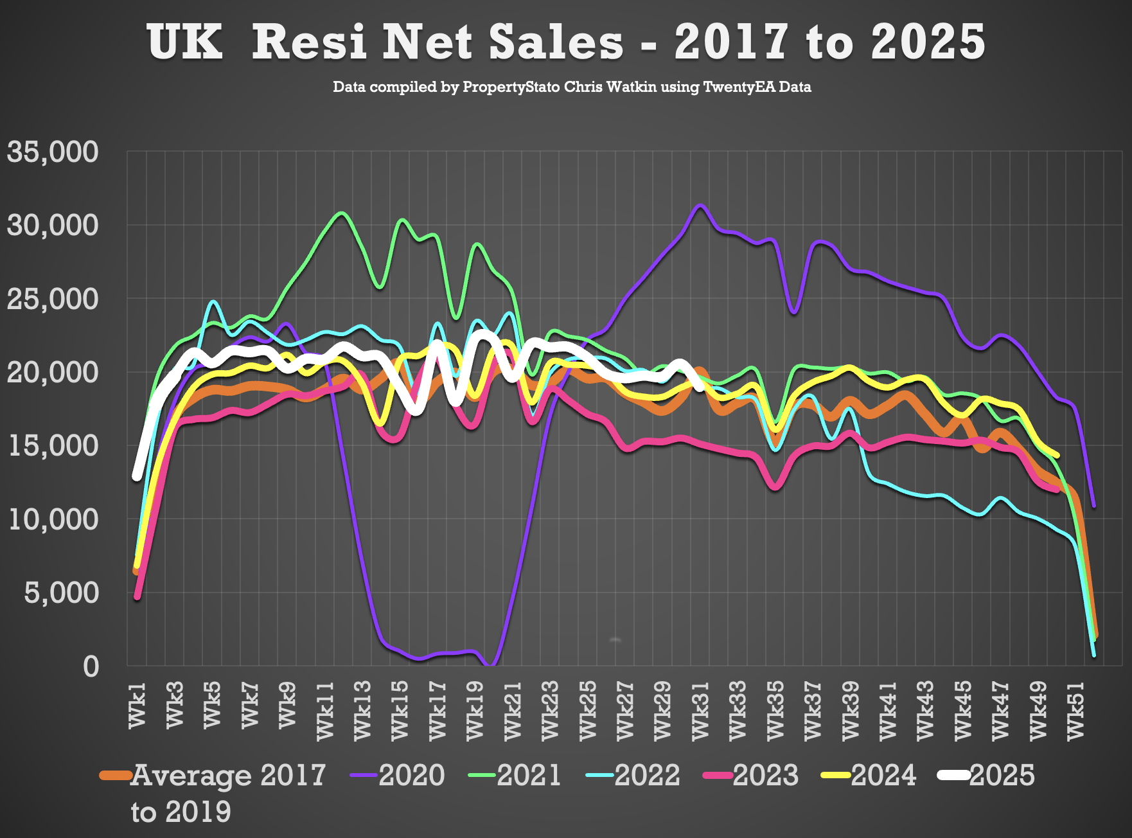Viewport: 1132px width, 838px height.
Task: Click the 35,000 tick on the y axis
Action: click(x=53, y=152)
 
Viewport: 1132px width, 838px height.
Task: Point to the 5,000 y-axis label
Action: click(x=62, y=593)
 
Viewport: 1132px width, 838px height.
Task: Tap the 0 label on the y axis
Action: click(x=91, y=666)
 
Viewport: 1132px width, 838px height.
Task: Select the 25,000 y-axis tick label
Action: click(x=53, y=299)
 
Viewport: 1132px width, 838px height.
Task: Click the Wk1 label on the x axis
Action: click(x=137, y=706)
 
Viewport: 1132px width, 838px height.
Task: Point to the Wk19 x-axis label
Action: click(x=475, y=711)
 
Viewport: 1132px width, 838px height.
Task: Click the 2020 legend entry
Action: click(x=398, y=775)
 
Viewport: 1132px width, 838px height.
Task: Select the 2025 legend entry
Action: click(x=987, y=775)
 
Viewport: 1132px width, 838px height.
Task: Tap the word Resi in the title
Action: click(x=310, y=42)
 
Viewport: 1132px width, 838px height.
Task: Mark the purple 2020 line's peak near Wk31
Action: click(x=700, y=205)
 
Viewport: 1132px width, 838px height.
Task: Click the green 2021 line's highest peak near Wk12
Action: click(x=342, y=213)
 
